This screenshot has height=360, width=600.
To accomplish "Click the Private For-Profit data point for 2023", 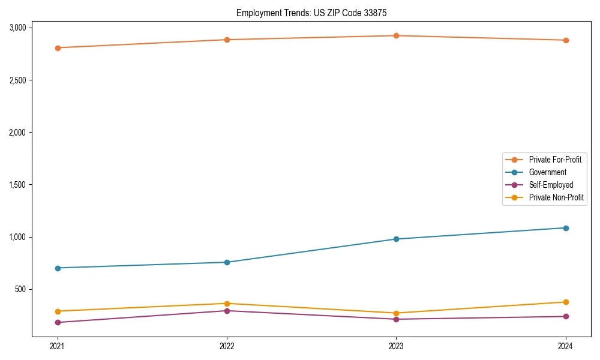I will (397, 35).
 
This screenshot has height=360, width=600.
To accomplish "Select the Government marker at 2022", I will (227, 262).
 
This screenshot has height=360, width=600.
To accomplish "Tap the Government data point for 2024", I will (566, 228).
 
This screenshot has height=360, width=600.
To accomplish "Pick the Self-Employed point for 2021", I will (58, 323).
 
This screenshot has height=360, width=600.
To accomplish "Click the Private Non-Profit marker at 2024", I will (566, 302).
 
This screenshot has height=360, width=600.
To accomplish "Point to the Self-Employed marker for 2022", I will (227, 311).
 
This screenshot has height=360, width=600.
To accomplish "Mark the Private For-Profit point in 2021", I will (58, 48).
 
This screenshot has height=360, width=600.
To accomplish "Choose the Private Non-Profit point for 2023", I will (397, 313).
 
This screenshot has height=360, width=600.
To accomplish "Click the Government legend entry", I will (547, 172).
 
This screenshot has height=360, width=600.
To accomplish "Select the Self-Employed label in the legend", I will (551, 185).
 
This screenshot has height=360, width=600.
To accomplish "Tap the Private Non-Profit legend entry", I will (556, 197).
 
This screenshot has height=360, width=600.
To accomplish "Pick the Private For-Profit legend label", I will (555, 160).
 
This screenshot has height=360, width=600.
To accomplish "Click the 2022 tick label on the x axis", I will (227, 346).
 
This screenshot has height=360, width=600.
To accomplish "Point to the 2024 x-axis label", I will (566, 346).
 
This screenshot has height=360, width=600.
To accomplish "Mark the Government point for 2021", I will (58, 268).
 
